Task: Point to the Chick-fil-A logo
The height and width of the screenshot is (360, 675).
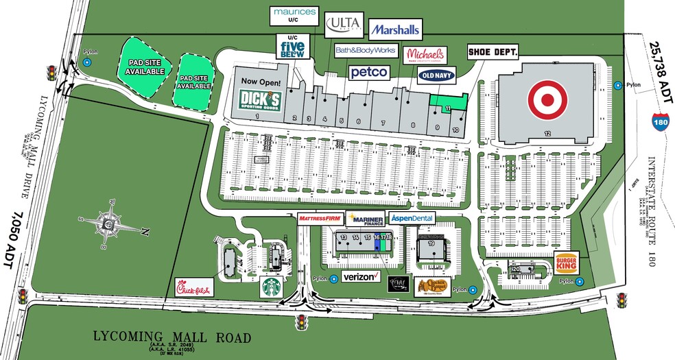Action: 195,287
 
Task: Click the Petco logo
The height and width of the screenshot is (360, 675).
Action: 370,72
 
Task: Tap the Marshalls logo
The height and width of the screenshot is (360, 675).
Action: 394,30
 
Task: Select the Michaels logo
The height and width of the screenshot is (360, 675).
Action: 425,55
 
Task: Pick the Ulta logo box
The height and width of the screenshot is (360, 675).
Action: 343,25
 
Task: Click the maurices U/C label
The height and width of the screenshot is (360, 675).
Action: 295,15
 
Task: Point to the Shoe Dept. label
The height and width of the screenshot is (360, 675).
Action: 493,51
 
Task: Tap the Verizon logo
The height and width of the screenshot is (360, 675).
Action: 361,276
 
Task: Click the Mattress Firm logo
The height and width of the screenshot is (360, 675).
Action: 320,218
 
